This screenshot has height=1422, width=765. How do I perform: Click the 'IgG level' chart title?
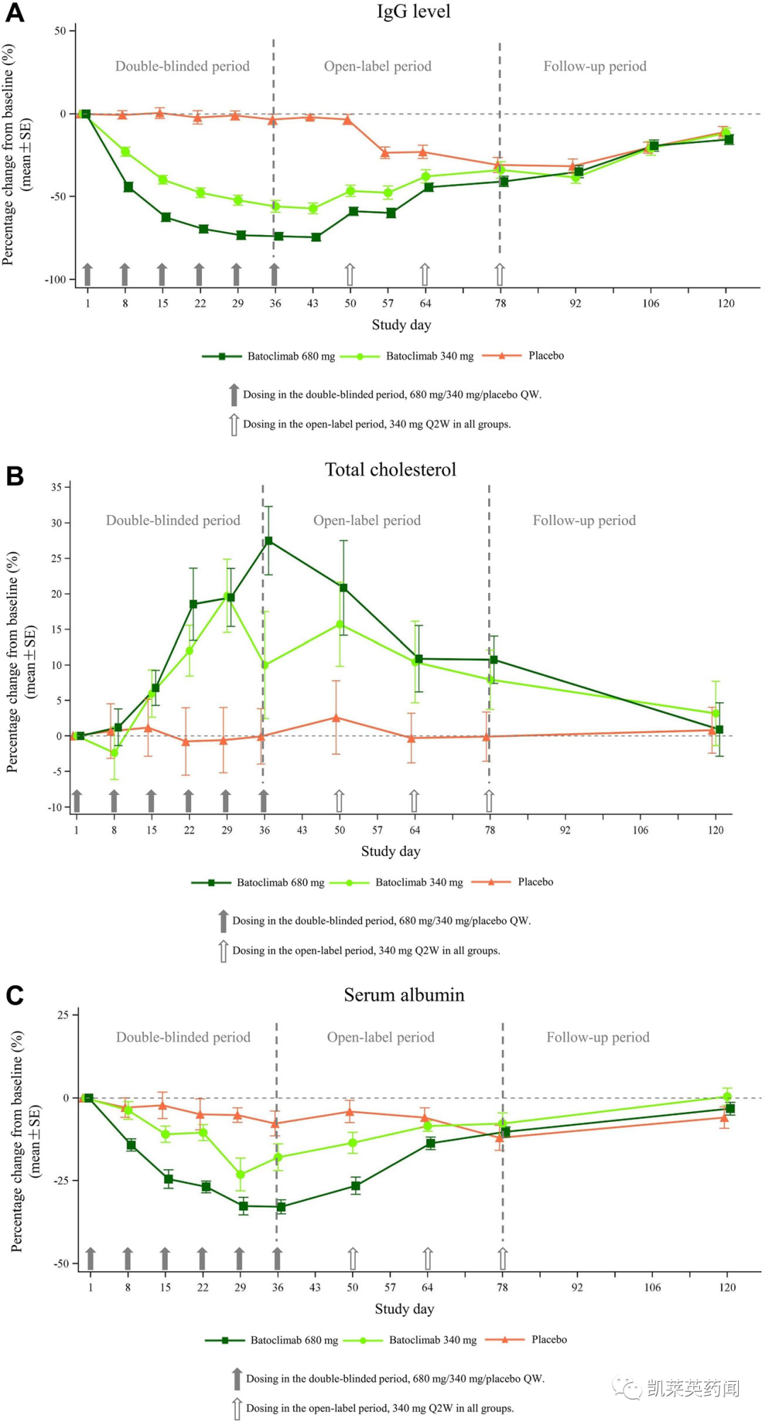pyautogui.click(x=413, y=11)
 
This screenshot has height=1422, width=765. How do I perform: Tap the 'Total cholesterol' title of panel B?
pyautogui.click(x=390, y=469)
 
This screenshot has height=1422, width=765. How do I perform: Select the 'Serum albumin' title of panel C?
pyautogui.click(x=404, y=995)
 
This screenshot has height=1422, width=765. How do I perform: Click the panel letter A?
pyautogui.click(x=14, y=13)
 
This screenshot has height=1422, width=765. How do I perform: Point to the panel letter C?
pyautogui.click(x=14, y=995)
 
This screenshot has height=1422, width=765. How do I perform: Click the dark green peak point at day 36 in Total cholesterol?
pyautogui.click(x=268, y=541)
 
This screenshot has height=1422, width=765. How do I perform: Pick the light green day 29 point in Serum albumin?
pyautogui.click(x=240, y=1174)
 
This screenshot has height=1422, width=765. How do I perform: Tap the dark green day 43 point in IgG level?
pyautogui.click(x=316, y=237)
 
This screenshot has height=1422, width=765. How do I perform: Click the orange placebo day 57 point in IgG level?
pyautogui.click(x=385, y=152)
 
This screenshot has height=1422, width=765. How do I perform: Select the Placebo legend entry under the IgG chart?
pyautogui.click(x=545, y=355)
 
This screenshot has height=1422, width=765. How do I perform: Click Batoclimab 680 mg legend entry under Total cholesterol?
pyautogui.click(x=280, y=883)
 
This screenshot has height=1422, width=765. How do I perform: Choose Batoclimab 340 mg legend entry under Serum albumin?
pyautogui.click(x=432, y=1340)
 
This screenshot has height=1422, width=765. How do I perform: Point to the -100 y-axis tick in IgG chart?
pyautogui.click(x=56, y=280)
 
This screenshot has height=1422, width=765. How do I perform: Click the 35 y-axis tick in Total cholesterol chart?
pyautogui.click(x=56, y=487)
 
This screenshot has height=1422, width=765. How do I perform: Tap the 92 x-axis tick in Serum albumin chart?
pyautogui.click(x=577, y=1287)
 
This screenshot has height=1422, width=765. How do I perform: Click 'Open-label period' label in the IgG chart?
pyautogui.click(x=378, y=67)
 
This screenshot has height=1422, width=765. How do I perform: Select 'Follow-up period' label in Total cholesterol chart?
pyautogui.click(x=584, y=520)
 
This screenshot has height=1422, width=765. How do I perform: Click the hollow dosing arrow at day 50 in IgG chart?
pyautogui.click(x=349, y=275)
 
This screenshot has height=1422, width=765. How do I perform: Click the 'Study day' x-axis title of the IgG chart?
pyautogui.click(x=401, y=325)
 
